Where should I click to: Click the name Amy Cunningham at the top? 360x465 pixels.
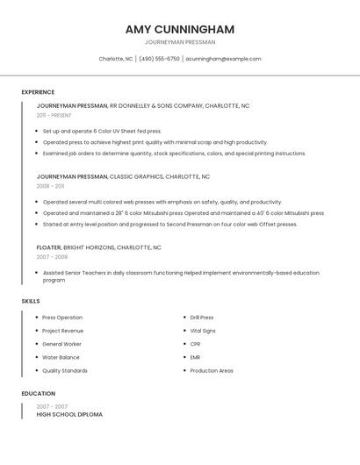(180, 29)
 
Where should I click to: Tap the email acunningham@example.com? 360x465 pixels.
(223, 59)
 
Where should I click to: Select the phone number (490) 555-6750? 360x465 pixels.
(159, 59)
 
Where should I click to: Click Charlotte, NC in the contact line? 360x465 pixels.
(116, 59)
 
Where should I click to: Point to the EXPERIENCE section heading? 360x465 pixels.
(38, 92)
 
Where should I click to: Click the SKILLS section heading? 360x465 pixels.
(31, 301)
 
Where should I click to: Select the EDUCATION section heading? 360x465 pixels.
(38, 394)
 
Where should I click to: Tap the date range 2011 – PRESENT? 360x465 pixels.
(54, 115)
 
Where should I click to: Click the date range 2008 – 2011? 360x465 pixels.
(50, 186)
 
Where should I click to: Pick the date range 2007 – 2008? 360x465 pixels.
(52, 257)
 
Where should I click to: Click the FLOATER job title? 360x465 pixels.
(49, 247)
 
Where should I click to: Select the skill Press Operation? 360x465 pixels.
(62, 318)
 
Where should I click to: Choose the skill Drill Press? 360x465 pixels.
(202, 318)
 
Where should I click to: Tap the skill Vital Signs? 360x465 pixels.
(203, 331)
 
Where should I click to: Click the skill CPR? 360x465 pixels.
(195, 344)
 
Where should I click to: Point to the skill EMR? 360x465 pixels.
(195, 357)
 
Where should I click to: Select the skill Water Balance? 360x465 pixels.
(61, 357)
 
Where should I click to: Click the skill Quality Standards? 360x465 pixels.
(65, 370)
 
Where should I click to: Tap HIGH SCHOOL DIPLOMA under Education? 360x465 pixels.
(69, 414)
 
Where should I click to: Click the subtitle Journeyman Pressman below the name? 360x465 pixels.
(180, 42)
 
